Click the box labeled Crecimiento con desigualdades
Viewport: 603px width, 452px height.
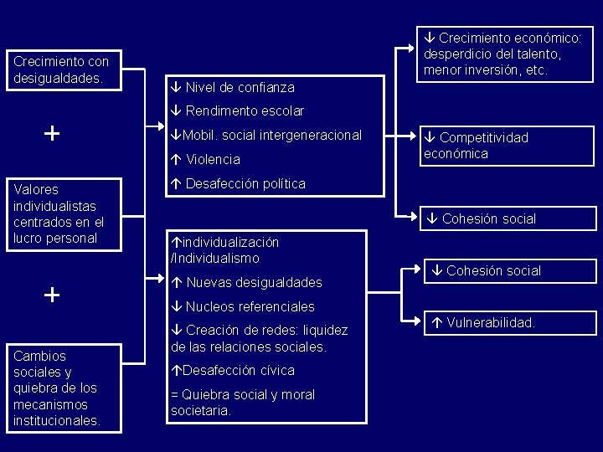tap(62, 70)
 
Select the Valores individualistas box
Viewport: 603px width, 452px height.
tap(62, 213)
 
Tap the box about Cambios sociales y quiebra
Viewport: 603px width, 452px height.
tap(62, 388)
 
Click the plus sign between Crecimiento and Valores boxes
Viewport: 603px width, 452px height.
tap(52, 133)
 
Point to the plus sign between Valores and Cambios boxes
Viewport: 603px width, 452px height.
tap(52, 294)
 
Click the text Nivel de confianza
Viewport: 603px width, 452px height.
tap(240, 87)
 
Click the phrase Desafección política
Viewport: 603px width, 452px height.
tap(245, 183)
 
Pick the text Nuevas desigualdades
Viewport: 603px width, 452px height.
tap(254, 282)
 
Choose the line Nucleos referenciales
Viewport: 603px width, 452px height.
tap(250, 306)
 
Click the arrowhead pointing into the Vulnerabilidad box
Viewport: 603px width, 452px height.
tap(419, 321)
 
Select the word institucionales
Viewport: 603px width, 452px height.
tap(57, 420)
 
